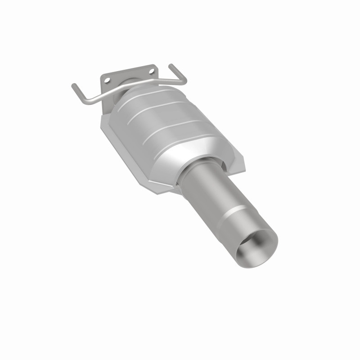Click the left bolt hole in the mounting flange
coord(107,80)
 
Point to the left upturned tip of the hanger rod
coord(73,85)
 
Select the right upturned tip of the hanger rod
coord(171,66)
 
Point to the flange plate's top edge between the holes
coord(128,70)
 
